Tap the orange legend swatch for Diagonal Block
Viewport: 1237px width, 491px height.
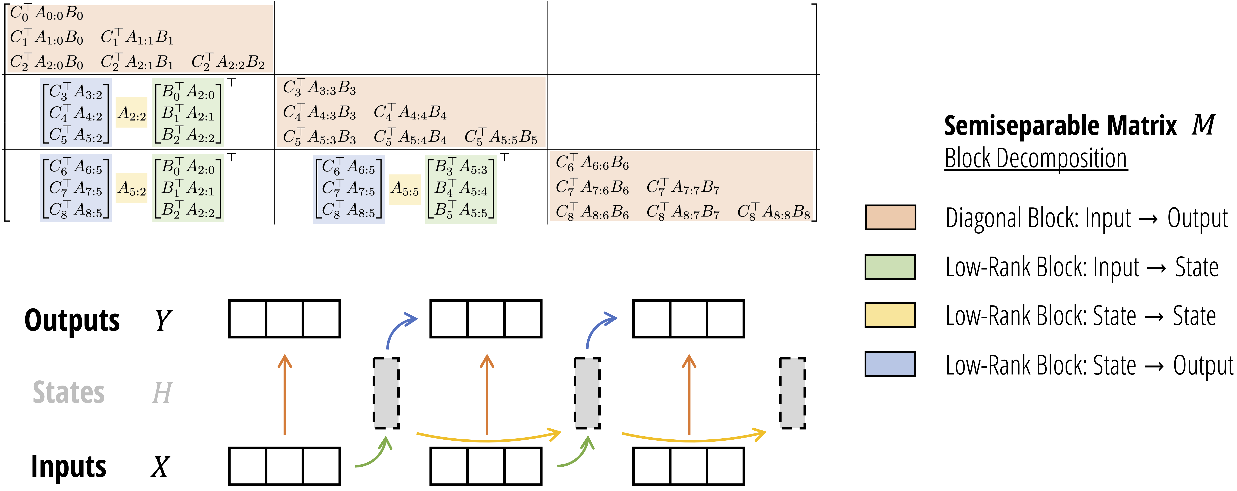pyautogui.click(x=890, y=217)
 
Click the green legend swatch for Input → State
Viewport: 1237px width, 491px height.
pyautogui.click(x=890, y=267)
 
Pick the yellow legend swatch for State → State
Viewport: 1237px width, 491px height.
pyautogui.click(x=890, y=315)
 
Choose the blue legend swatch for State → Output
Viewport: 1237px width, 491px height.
pyautogui.click(x=890, y=364)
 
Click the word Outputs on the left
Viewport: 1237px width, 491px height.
pyautogui.click(x=72, y=320)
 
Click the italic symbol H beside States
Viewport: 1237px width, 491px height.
pyautogui.click(x=162, y=393)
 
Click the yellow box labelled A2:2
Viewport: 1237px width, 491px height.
pyautogui.click(x=132, y=113)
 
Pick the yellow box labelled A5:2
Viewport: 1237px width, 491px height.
pyautogui.click(x=132, y=188)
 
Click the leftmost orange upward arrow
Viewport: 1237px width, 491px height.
pyautogui.click(x=285, y=394)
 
